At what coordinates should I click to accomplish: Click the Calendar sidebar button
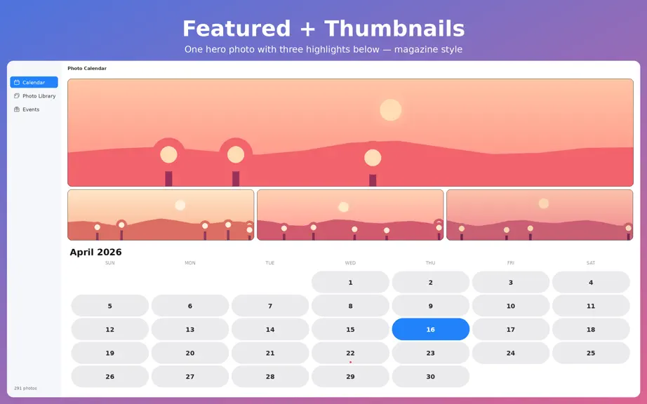tap(34, 82)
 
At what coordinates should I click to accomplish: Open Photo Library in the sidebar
tap(34, 95)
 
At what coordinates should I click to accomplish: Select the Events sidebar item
tap(27, 109)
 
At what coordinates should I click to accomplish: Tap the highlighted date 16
tap(430, 329)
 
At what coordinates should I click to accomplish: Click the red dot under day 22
tap(350, 362)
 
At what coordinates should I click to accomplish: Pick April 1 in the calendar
tap(350, 282)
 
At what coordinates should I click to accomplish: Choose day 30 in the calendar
tap(430, 376)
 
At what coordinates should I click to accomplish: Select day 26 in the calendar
tap(109, 376)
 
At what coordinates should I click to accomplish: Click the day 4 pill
tap(591, 282)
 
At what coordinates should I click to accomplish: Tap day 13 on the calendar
tap(189, 329)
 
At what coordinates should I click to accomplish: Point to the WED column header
tap(350, 262)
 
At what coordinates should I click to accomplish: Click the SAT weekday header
tap(591, 262)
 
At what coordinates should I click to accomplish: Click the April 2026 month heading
tap(95, 252)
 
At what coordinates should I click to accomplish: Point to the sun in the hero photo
tap(390, 109)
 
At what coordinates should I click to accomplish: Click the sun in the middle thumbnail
tap(343, 207)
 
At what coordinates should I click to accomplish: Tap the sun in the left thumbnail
tap(180, 205)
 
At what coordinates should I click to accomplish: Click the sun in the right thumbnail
tap(544, 203)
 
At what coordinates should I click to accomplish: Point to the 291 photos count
tap(25, 388)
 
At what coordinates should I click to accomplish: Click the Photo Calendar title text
tap(87, 69)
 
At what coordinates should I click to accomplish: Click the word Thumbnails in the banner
tap(394, 29)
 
